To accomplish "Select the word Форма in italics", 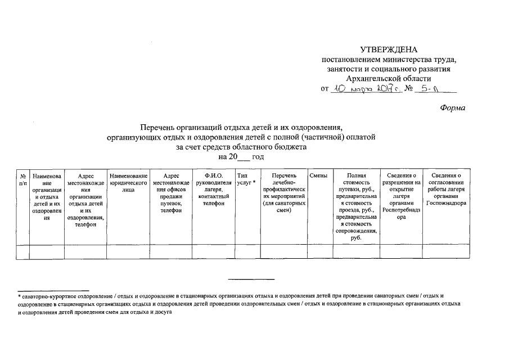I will point(453,107).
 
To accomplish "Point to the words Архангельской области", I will point(389,78).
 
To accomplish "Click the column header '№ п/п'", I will point(22,179).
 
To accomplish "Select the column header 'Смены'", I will point(319,177).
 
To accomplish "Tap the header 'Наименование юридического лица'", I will point(128,183).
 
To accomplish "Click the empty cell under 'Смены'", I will point(319,251).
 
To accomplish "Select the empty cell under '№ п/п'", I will point(22,251).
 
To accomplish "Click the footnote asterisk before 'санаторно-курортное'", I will point(20,295).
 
